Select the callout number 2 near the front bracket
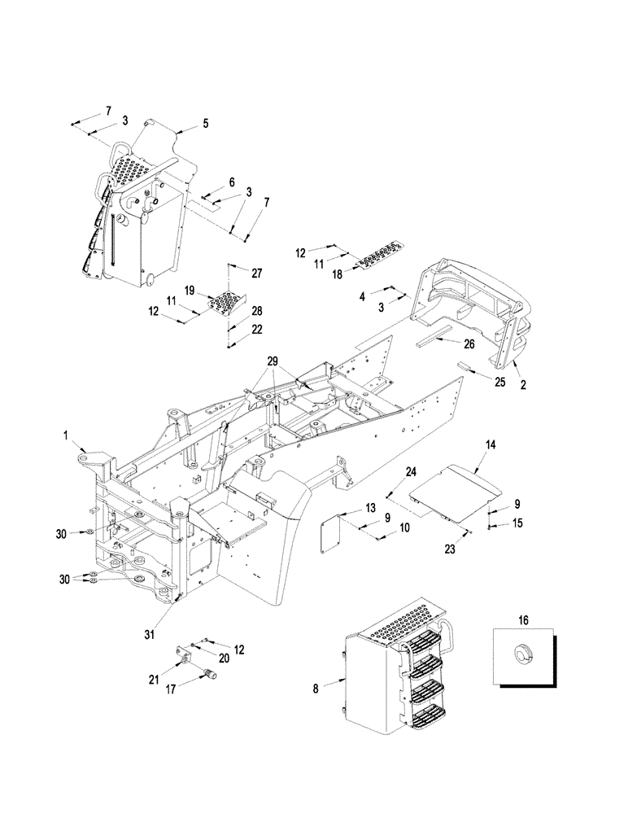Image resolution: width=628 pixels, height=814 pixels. [523, 386]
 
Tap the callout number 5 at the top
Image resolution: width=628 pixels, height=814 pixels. [205, 124]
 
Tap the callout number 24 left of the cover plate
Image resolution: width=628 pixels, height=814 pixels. [411, 471]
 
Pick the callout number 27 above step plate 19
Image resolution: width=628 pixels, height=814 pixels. [257, 273]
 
